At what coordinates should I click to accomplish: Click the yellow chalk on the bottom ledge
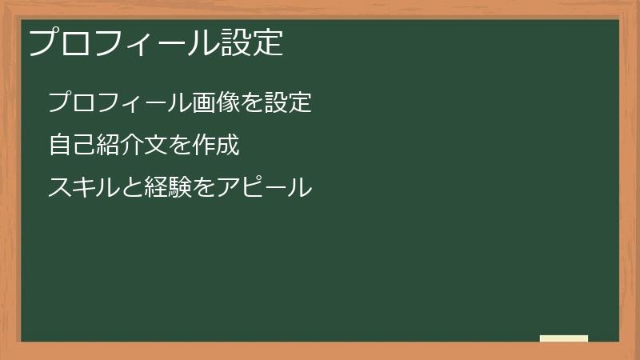click(x=564, y=338)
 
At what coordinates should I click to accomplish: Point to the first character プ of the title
click(x=42, y=42)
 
